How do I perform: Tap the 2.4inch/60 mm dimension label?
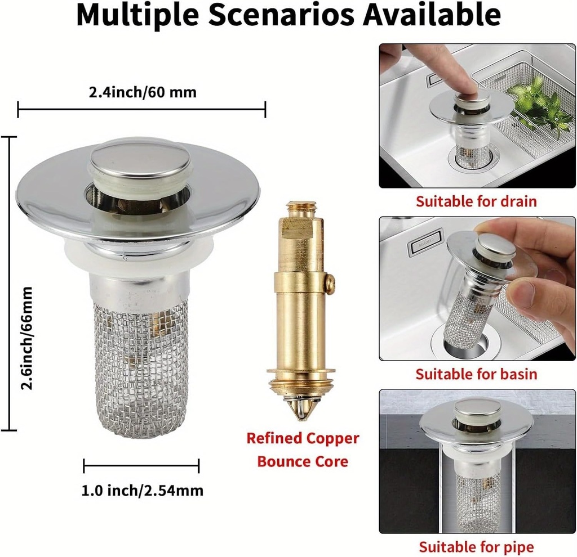pos(143,92)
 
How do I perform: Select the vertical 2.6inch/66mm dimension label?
pos(27,338)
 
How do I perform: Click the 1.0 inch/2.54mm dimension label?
pos(142,491)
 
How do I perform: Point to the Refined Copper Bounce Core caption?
pos(303,450)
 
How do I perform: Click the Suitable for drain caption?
pos(477,201)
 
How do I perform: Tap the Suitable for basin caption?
pos(477,374)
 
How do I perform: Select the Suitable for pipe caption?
pos(477,547)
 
